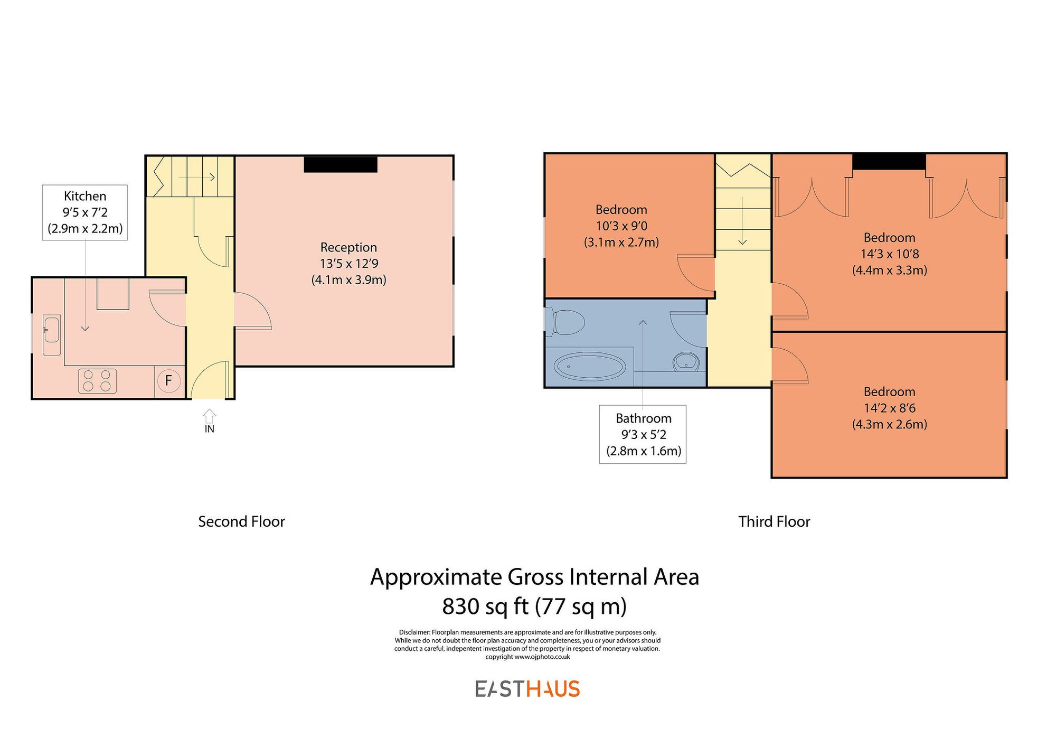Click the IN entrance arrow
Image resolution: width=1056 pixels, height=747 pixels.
(x=210, y=415)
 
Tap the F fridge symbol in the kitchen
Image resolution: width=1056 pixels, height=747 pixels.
(x=168, y=380)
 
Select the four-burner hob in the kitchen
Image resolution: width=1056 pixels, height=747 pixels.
(x=97, y=381)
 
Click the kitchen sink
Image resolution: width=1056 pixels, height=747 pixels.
(x=51, y=335)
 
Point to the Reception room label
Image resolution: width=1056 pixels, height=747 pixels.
(x=348, y=247)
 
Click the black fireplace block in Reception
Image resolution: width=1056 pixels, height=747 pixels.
(x=341, y=164)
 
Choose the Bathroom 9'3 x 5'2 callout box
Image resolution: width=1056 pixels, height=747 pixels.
(x=643, y=434)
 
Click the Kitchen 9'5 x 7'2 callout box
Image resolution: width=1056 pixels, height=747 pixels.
(x=85, y=212)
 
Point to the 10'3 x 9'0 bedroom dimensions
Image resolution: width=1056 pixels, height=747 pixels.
(x=621, y=226)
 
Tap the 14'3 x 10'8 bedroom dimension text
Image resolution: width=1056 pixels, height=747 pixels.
(x=889, y=254)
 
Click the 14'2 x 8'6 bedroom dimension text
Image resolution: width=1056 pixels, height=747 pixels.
(x=889, y=408)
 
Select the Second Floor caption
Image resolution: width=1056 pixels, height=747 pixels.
(x=241, y=522)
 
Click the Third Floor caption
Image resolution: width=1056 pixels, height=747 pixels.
(x=774, y=522)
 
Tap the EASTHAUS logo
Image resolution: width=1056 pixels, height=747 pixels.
(x=527, y=689)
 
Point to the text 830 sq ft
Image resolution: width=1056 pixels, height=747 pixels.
(x=485, y=606)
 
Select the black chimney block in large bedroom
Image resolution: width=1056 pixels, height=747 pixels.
(x=889, y=162)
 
